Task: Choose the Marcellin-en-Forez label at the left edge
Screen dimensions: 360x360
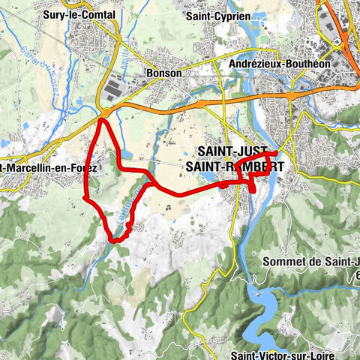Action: (49, 168)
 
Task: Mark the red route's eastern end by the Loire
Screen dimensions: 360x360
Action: (277, 154)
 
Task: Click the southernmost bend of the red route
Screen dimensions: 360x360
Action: (116, 240)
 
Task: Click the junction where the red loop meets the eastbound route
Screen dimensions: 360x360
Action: (154, 182)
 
